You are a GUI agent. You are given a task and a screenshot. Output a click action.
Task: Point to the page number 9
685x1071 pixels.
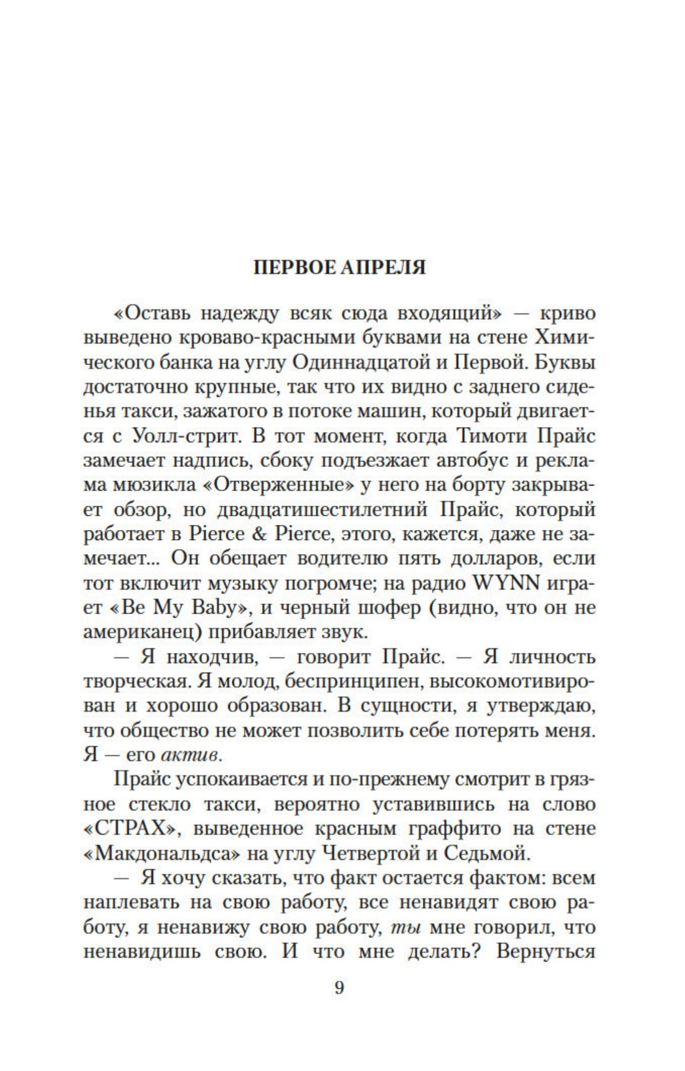(x=339, y=988)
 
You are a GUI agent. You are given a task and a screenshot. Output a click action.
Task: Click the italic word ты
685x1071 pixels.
(x=405, y=927)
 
